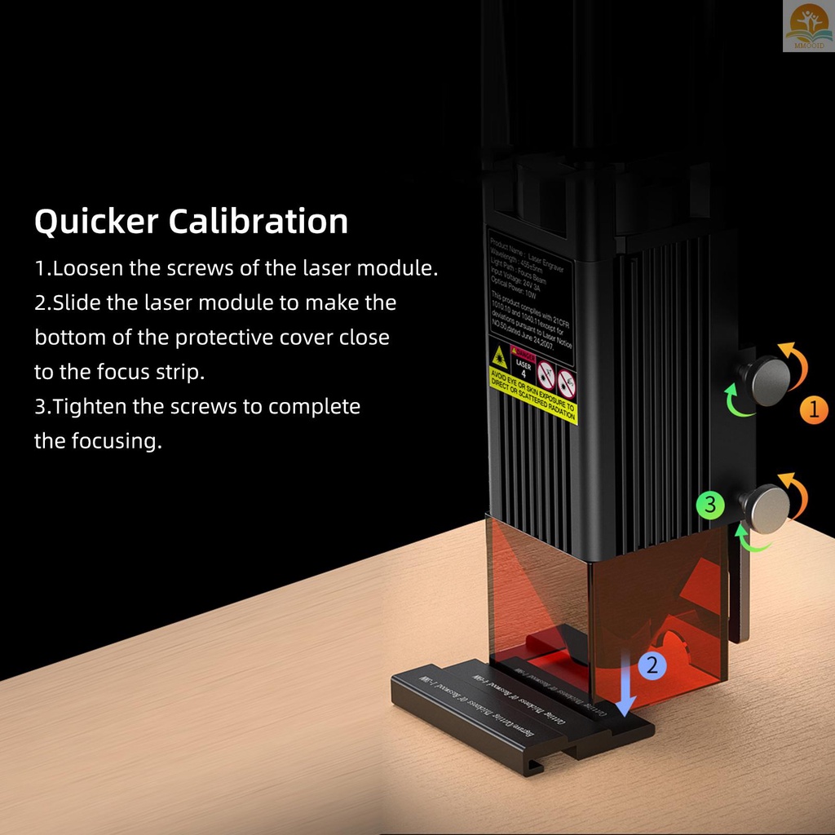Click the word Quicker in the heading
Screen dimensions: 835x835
click(95, 223)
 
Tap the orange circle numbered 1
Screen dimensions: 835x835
click(814, 409)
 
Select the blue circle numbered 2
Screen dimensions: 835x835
click(652, 665)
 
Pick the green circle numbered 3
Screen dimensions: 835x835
click(710, 505)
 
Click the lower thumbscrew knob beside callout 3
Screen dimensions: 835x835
click(767, 508)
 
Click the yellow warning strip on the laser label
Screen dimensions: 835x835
click(533, 395)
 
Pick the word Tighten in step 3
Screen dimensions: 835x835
click(94, 406)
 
